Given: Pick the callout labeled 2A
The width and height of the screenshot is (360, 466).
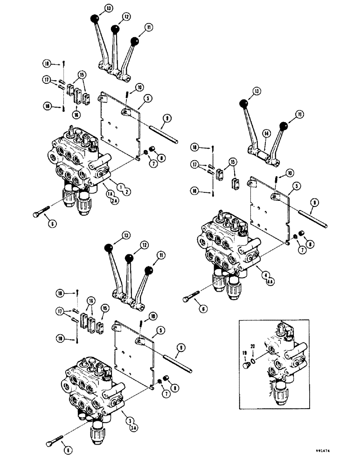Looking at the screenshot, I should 112,200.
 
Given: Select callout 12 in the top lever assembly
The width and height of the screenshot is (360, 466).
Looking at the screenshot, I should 113,17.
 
